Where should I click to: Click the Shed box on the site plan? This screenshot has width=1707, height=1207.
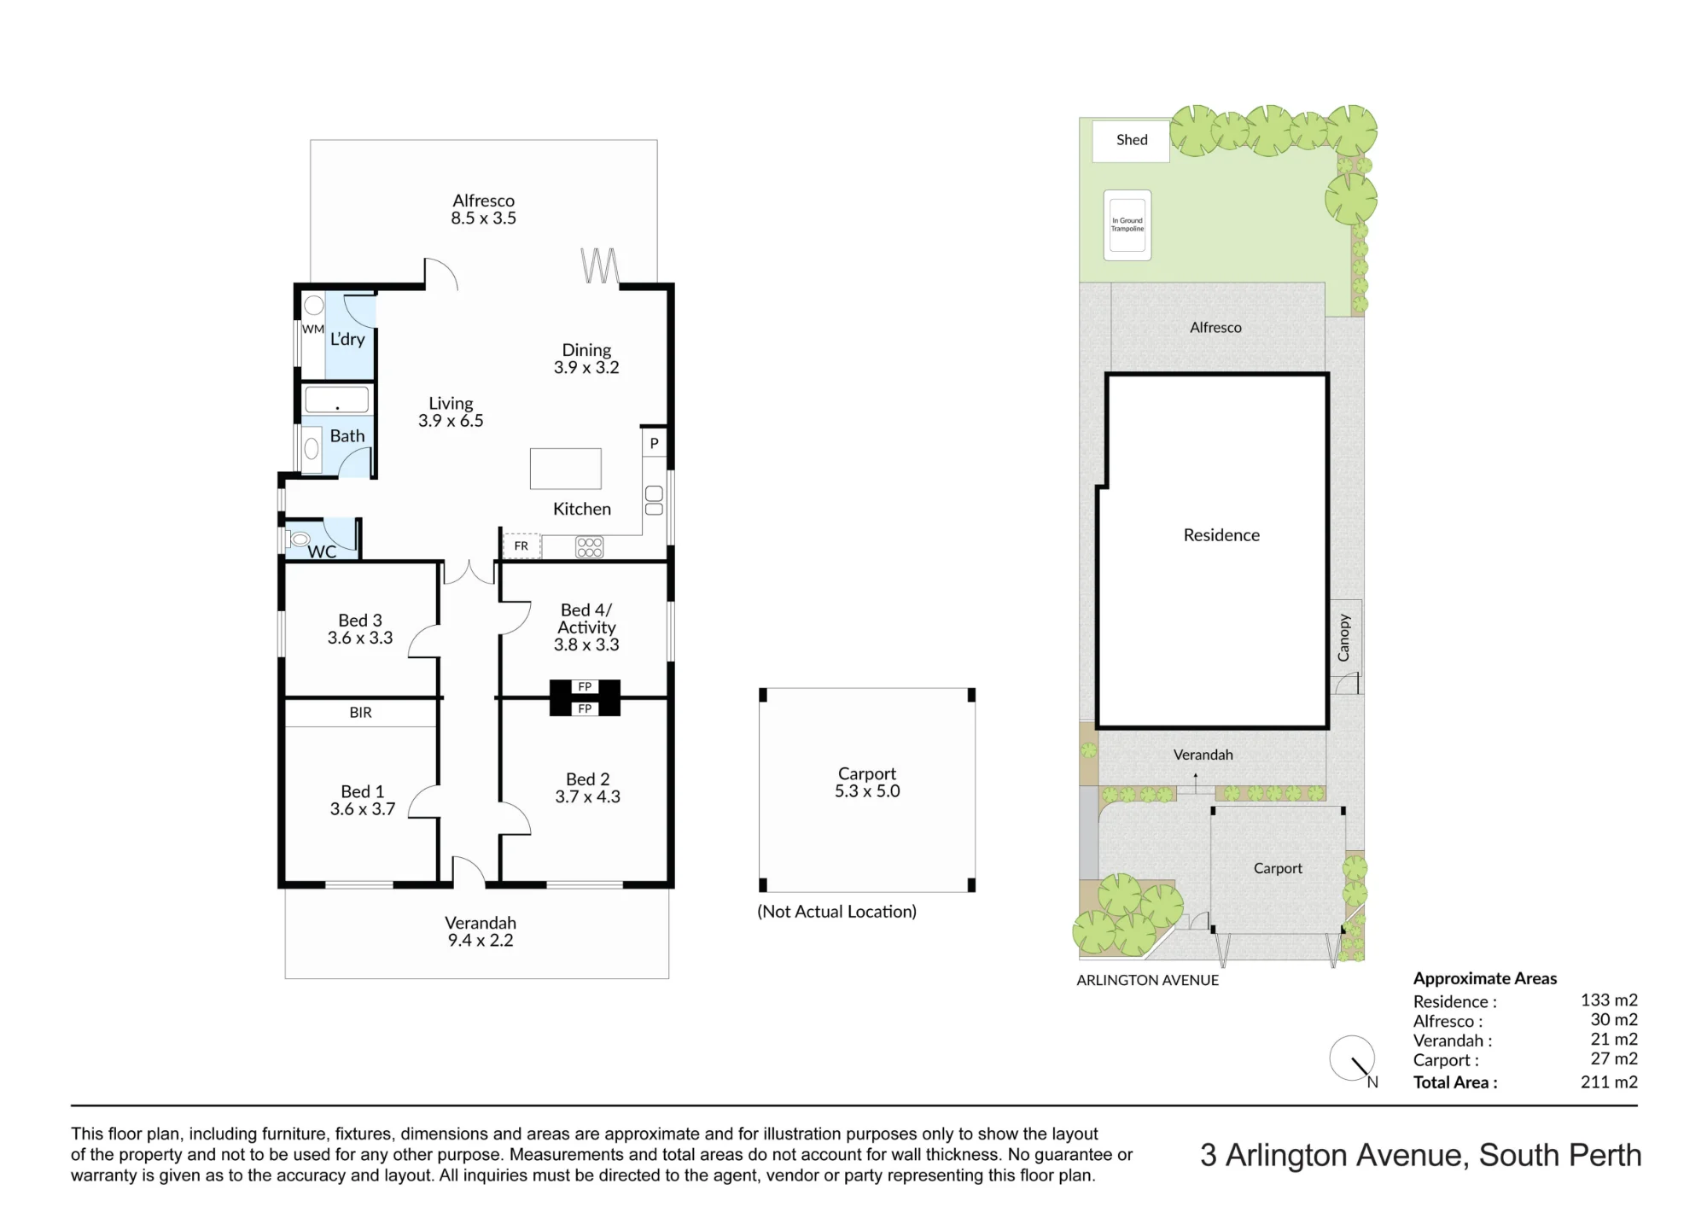(x=1131, y=140)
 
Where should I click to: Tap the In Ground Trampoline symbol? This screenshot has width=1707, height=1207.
(x=1127, y=225)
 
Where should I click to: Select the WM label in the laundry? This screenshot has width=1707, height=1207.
(x=313, y=329)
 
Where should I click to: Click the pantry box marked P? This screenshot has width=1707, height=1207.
(x=654, y=442)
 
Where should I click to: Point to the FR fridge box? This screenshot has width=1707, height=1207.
(x=521, y=546)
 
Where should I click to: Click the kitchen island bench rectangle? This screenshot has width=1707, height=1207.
(x=565, y=469)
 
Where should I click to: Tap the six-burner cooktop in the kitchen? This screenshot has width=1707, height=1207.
(x=590, y=547)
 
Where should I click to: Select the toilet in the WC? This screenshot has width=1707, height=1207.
(x=299, y=539)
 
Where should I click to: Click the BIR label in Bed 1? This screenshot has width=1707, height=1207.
(x=360, y=713)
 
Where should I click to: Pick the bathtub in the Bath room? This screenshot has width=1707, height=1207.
(x=337, y=399)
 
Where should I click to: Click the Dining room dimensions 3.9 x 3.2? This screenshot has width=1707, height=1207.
(x=586, y=368)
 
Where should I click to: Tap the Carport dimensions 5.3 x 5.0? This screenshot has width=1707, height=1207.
(x=867, y=791)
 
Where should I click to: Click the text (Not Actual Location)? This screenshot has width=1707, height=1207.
(x=836, y=912)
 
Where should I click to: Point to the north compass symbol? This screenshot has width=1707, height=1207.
(x=1354, y=1060)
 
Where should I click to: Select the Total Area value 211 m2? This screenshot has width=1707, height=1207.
(x=1609, y=1082)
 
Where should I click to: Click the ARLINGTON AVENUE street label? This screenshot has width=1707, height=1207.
(x=1147, y=981)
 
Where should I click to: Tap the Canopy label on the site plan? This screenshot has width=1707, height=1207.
(x=1343, y=638)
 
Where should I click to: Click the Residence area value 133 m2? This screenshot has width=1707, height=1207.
(x=1609, y=1000)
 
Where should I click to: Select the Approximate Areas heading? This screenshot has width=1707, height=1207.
(x=1485, y=979)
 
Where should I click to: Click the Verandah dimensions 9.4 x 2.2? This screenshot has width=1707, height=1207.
(x=481, y=941)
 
